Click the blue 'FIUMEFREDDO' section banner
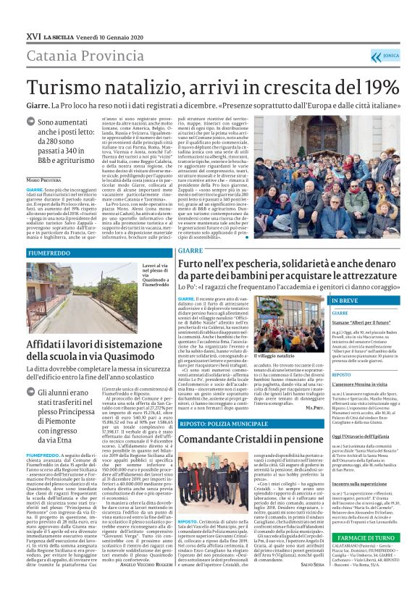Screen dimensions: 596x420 coord(49,253)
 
